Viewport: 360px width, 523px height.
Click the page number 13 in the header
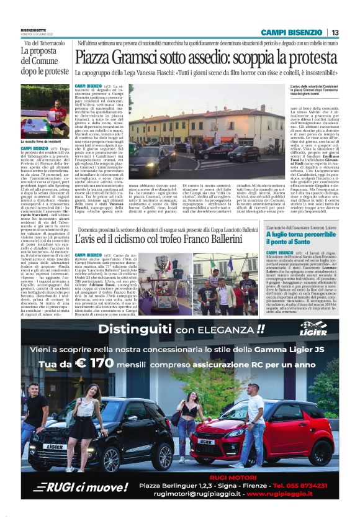335,32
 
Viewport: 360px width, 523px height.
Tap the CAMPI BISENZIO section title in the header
291,32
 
